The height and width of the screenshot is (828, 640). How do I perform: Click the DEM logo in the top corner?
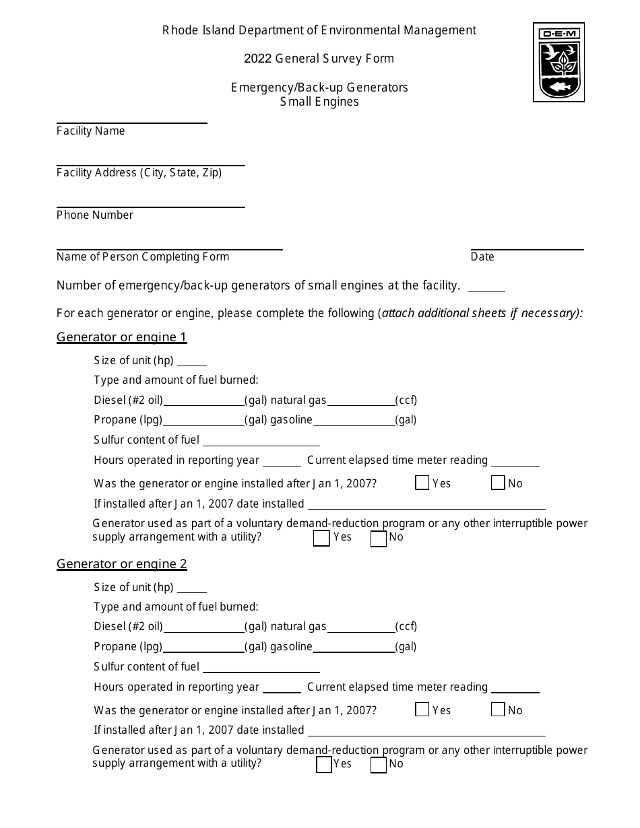[558, 62]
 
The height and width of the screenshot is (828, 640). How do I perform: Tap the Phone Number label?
[95, 215]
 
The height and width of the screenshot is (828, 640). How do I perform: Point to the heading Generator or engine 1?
[121, 337]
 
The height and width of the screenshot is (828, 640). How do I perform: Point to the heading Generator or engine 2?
[121, 564]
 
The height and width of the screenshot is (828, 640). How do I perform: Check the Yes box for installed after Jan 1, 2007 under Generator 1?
[422, 483]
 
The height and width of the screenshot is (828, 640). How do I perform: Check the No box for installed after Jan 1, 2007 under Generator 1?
[498, 483]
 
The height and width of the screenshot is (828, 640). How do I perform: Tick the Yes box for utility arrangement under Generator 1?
[322, 538]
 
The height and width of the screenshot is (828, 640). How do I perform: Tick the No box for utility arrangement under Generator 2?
[379, 765]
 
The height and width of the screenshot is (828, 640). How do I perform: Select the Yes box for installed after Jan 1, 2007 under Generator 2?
[422, 710]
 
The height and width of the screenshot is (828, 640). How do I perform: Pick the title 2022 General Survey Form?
[319, 59]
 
